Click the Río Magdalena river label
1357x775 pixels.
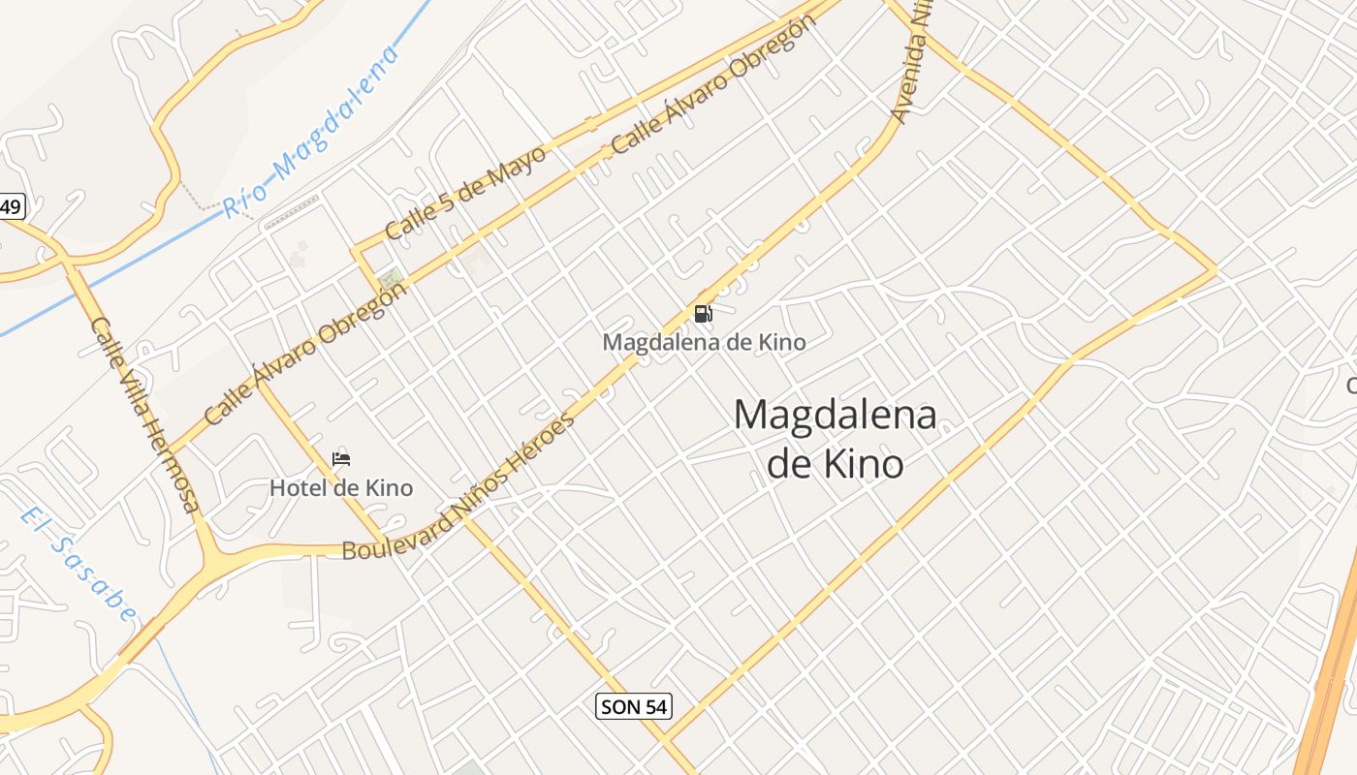tap(311, 134)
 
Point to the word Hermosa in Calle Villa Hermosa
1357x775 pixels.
tap(174, 460)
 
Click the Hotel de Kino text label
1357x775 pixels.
tap(341, 487)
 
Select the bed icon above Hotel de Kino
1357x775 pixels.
tap(341, 459)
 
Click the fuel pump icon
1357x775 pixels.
tap(704, 313)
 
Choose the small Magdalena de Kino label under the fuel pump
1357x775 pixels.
tap(704, 342)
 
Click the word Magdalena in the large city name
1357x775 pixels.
tap(835, 416)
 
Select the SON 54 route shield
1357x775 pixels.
tap(634, 706)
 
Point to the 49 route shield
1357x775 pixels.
tap(11, 206)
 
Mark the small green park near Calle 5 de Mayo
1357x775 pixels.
tap(391, 279)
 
